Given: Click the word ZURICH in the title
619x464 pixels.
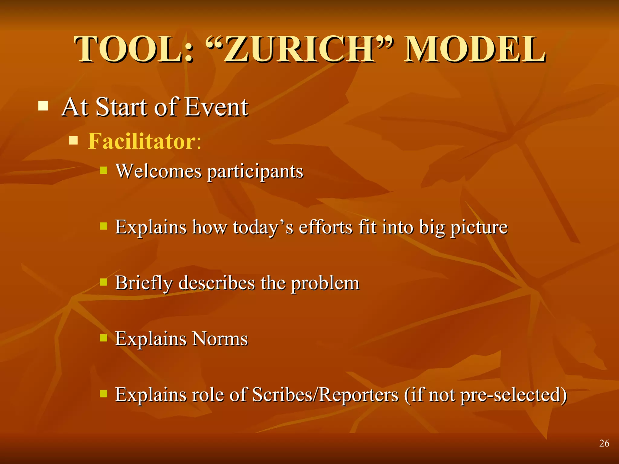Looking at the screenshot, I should point(299,49).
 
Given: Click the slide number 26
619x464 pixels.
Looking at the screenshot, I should point(604,443).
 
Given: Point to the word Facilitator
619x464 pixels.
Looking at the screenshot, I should point(142,141).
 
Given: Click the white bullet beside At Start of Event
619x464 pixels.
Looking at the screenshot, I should point(43,106).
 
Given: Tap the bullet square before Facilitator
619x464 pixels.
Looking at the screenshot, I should point(73,140).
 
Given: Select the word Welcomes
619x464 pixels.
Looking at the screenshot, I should point(158,171).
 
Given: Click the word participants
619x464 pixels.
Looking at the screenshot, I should point(255,172).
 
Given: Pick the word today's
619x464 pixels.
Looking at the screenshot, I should point(263,227).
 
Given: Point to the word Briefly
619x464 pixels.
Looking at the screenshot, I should point(144,283).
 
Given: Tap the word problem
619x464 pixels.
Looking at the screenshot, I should point(325,283).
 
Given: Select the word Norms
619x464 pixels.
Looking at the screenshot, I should point(220,339).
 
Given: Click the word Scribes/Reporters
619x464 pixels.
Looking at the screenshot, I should point(325,395).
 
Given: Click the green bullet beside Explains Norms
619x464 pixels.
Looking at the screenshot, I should point(104,337).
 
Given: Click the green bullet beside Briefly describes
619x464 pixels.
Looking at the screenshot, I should point(104,282).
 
